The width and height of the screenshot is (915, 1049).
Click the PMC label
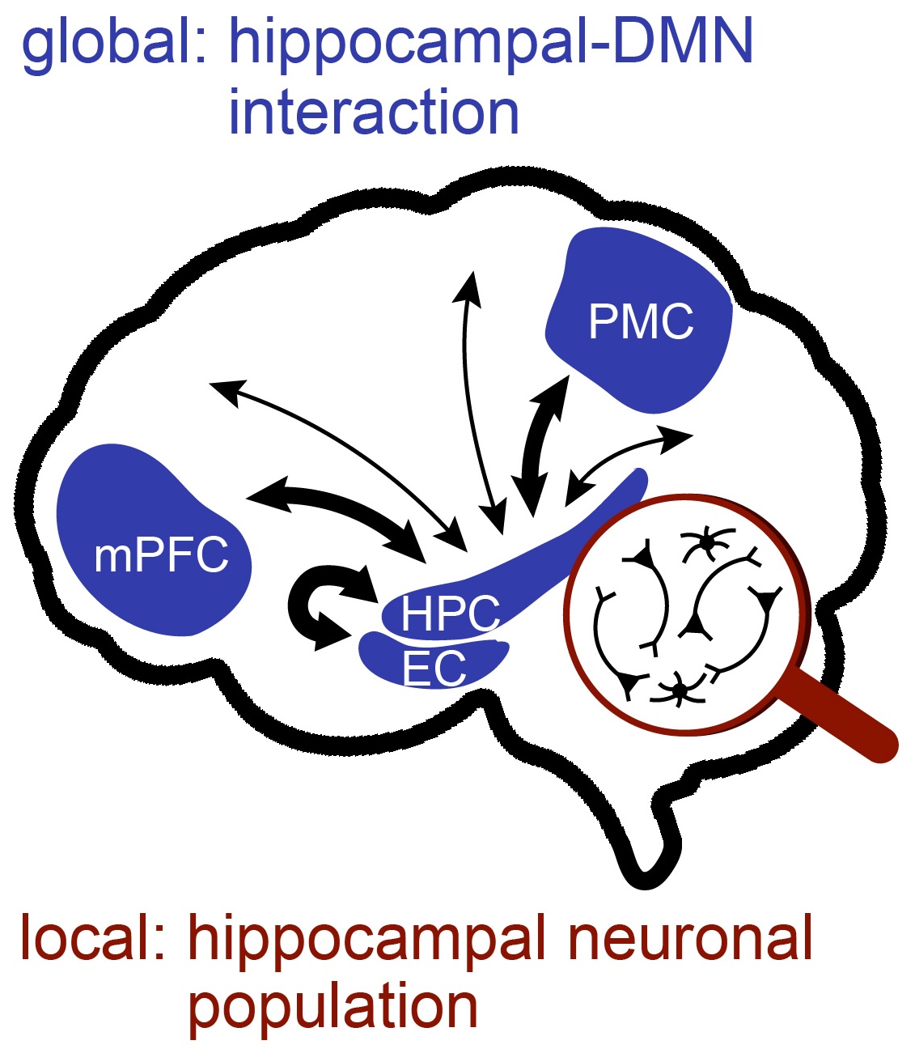click(x=641, y=322)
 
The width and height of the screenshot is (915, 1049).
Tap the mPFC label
click(x=161, y=556)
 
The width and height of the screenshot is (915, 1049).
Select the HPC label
click(x=451, y=614)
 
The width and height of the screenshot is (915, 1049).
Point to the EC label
click(x=434, y=668)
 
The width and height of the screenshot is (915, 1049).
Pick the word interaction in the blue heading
click(x=374, y=113)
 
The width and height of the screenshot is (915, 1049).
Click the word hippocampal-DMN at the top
click(x=491, y=42)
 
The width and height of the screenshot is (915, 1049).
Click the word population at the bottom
click(x=333, y=1005)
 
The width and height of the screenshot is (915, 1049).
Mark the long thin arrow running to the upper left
click(x=340, y=453)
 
